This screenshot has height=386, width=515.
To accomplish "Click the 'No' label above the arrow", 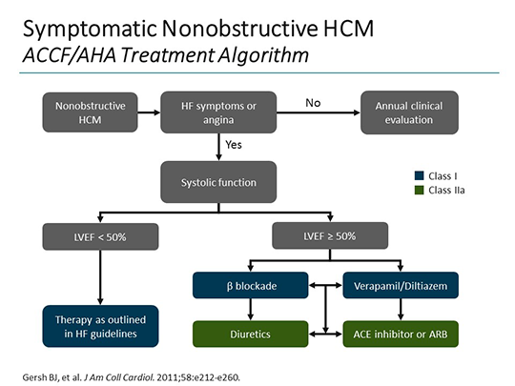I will pos(312,102).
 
